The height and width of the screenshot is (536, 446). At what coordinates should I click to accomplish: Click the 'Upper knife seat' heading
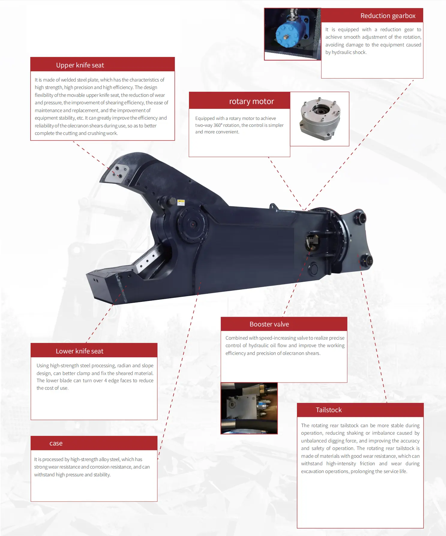coord(80,65)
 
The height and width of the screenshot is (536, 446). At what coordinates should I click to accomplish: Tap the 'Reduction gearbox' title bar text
coord(388,16)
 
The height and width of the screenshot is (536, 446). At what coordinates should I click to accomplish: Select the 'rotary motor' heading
coord(251,101)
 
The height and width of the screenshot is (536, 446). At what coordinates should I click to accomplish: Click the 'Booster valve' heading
coord(269,324)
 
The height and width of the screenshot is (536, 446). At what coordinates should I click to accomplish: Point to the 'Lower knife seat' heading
coord(79,351)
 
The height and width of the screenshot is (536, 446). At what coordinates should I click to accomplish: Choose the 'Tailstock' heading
coord(328,410)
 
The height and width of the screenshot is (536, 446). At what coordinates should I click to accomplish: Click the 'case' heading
coord(56,443)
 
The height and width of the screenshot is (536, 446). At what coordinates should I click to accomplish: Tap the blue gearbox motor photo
coord(292,34)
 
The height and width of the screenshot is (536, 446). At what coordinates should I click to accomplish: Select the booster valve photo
coord(249,408)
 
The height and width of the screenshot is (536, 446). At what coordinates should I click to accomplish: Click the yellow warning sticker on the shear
coord(181,202)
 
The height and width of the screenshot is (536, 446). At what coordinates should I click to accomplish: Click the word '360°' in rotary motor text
coord(218,125)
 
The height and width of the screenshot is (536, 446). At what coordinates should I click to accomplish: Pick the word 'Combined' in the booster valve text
coord(237,338)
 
